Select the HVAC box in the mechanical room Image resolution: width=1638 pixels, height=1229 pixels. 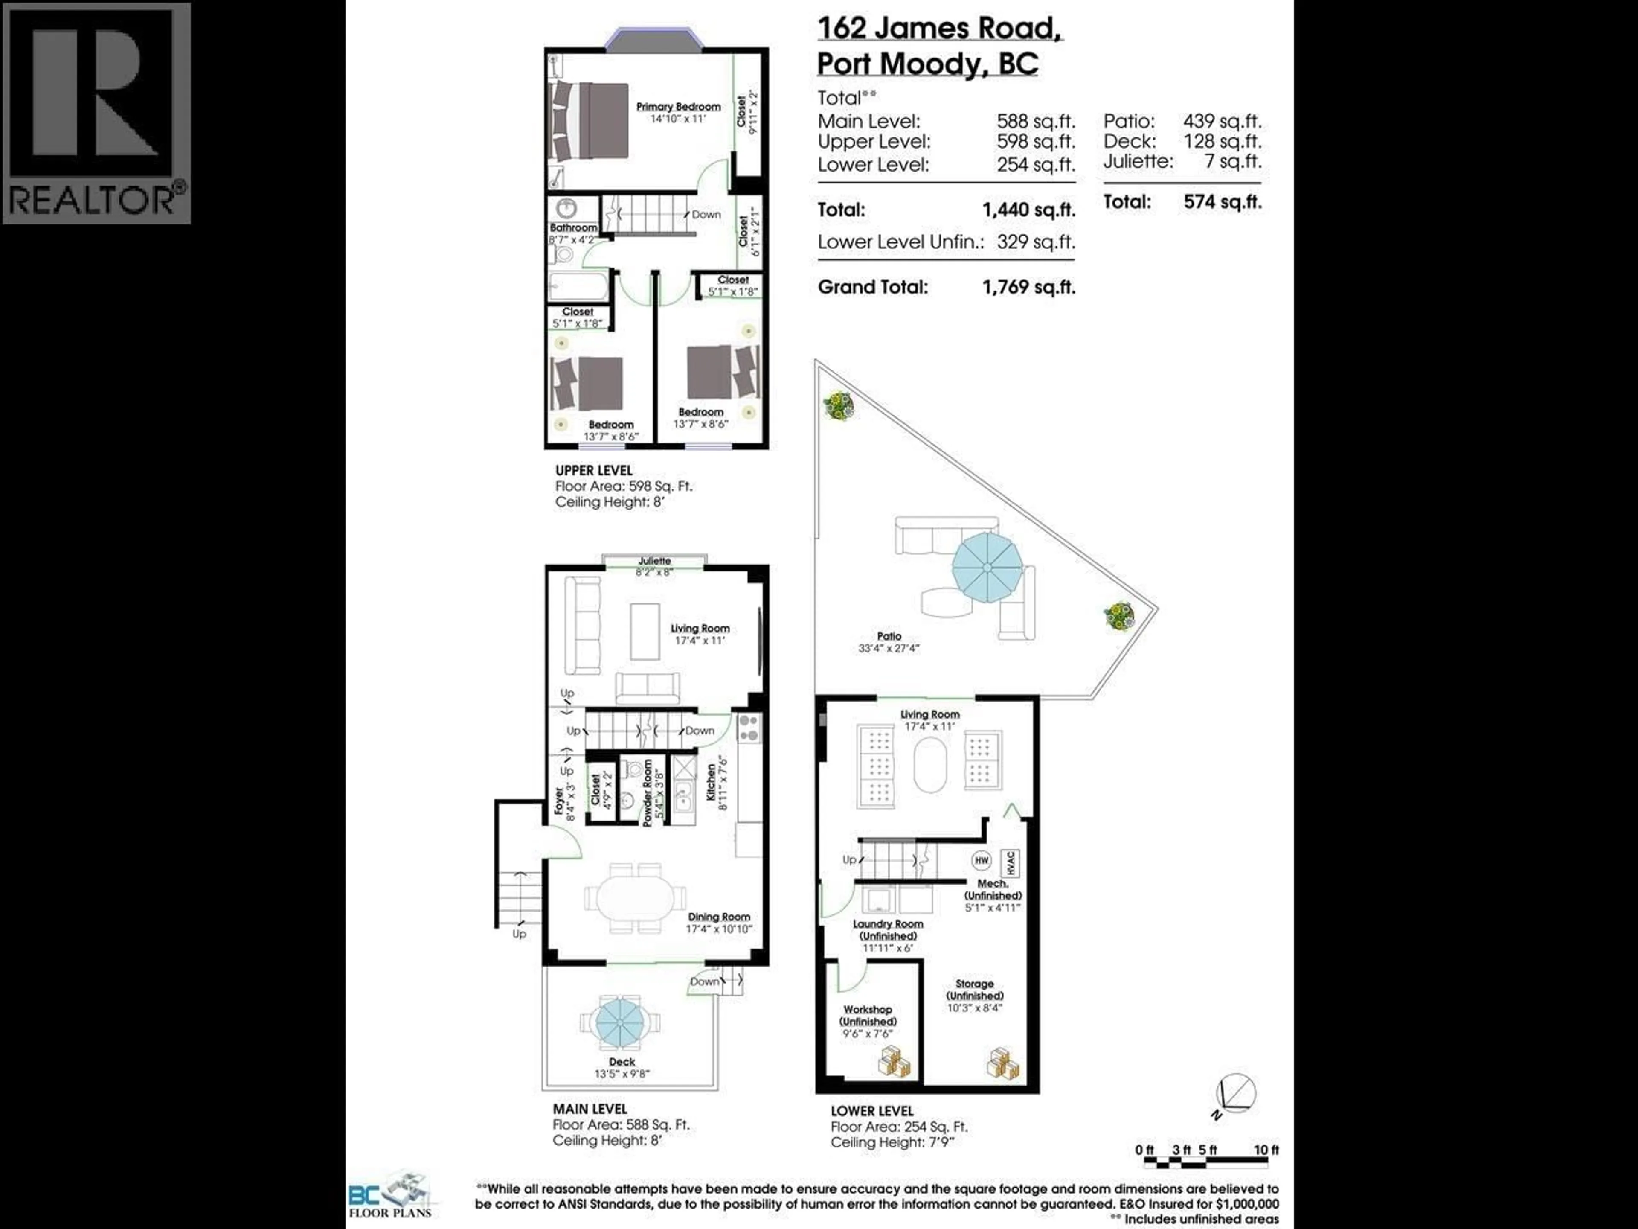pyautogui.click(x=1010, y=863)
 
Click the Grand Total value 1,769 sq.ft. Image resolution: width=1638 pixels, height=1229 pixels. pyautogui.click(x=1028, y=288)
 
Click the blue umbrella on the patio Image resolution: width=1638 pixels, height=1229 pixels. pyautogui.click(x=987, y=569)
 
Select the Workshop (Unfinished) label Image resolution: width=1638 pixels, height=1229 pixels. pyautogui.click(x=868, y=1016)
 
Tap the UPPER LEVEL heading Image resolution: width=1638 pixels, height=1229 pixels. pyautogui.click(x=594, y=470)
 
